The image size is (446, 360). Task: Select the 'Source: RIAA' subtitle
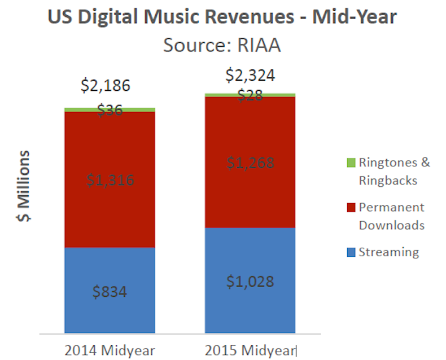[222, 45]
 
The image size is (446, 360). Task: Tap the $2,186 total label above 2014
[105, 86]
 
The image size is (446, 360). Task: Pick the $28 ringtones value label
[250, 95]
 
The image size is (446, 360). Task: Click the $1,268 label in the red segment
[250, 163]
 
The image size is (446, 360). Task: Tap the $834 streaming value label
[110, 292]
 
